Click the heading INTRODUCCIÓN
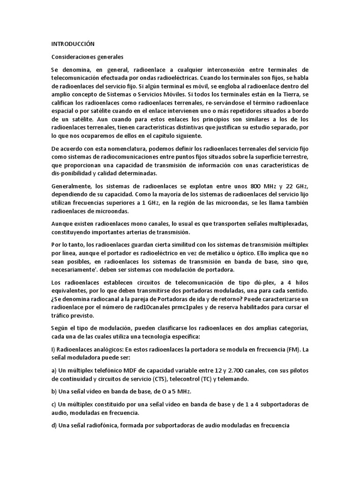(x=73, y=44)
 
